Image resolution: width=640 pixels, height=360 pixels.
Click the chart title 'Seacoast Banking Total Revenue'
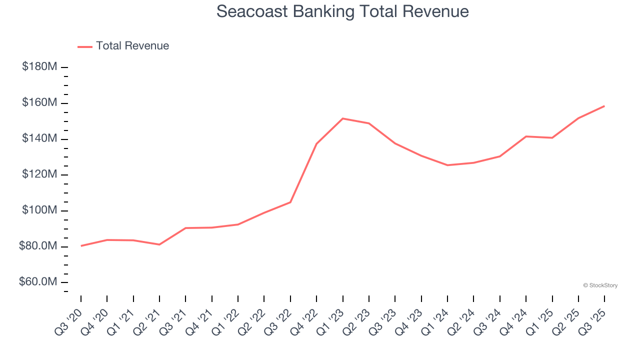(x=342, y=11)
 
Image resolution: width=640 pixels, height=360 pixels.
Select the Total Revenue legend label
(x=132, y=46)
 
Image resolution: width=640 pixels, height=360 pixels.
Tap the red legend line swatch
(x=85, y=46)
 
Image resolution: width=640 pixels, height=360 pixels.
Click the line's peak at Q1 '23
(x=343, y=118)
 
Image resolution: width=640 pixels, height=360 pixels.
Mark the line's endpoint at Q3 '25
(x=604, y=106)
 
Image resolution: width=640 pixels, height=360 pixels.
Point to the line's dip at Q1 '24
(x=447, y=165)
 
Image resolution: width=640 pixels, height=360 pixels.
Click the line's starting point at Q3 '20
(x=81, y=245)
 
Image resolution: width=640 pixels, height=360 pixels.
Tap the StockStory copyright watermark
(x=600, y=285)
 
